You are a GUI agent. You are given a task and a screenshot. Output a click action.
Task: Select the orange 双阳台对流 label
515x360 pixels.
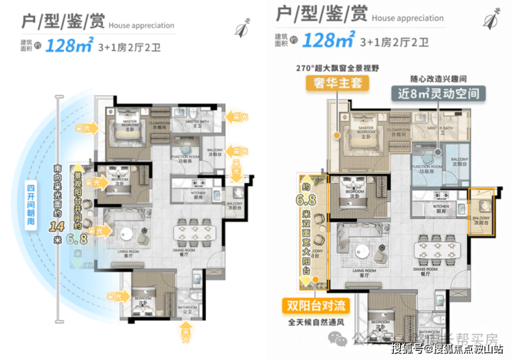315,304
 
